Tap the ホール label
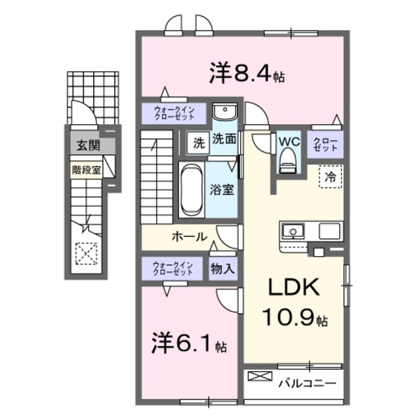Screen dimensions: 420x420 pyautogui.click(x=190, y=236)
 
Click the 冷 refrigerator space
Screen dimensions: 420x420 pyautogui.click(x=331, y=177)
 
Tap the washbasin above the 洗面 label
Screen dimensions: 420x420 pyautogui.click(x=224, y=112)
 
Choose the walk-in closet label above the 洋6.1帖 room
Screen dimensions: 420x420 pyautogui.click(x=173, y=268)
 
